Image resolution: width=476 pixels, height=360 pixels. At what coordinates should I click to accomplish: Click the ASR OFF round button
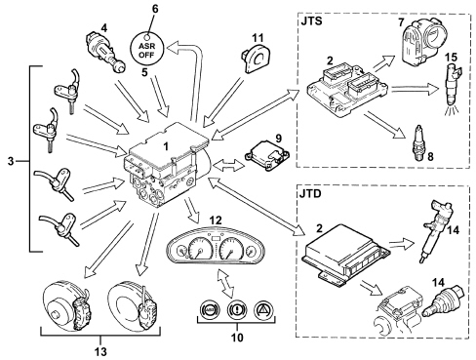[146, 50]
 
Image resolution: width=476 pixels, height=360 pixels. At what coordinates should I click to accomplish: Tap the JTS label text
[311, 21]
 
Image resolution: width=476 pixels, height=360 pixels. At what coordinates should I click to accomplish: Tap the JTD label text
[311, 194]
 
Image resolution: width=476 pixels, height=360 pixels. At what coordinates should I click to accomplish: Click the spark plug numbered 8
[418, 141]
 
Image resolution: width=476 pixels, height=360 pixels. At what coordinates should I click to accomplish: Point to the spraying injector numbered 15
[453, 89]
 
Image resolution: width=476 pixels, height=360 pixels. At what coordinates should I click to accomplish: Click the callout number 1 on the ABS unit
[166, 146]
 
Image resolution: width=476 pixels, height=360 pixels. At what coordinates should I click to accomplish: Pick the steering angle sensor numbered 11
[257, 60]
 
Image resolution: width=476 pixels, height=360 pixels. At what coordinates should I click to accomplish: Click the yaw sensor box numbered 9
[267, 155]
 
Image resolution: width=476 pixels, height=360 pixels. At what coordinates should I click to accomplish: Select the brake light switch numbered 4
[105, 52]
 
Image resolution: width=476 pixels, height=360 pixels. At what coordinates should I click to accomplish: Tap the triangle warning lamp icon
[263, 310]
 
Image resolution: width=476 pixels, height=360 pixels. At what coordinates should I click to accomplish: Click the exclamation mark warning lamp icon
[237, 310]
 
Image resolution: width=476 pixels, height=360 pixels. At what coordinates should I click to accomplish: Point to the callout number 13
[100, 351]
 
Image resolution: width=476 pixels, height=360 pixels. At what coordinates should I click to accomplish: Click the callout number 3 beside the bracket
[11, 161]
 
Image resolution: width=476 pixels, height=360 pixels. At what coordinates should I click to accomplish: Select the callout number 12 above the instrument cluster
[216, 220]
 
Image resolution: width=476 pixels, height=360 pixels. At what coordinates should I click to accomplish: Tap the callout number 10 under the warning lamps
[237, 338]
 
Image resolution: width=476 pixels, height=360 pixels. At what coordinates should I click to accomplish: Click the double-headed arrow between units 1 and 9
[228, 165]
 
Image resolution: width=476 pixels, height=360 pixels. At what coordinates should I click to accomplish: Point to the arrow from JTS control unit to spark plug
[385, 126]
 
